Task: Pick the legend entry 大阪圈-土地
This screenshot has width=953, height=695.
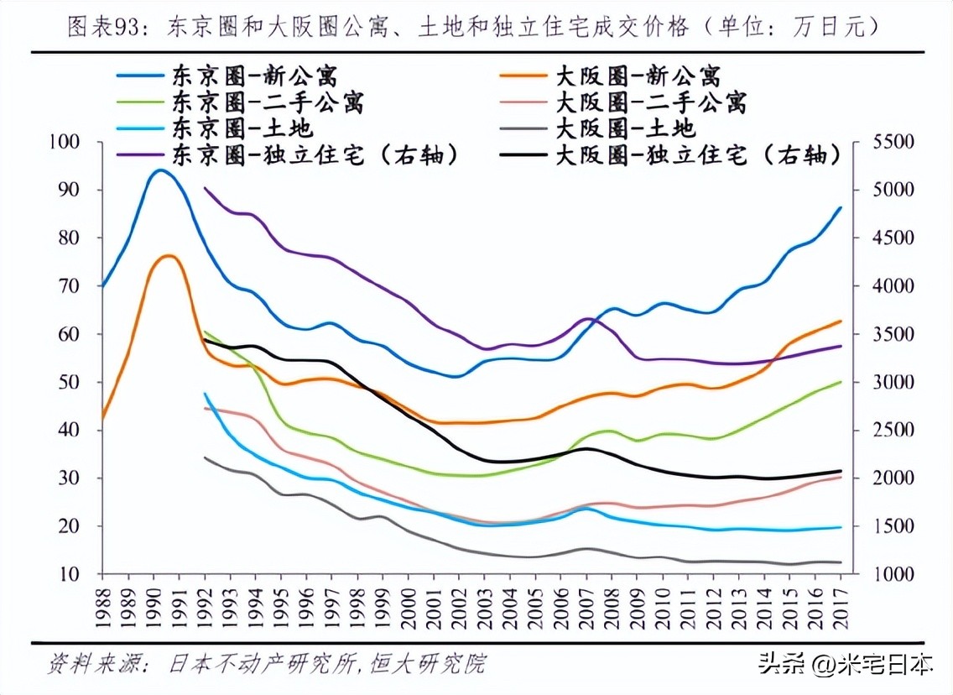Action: (x=625, y=128)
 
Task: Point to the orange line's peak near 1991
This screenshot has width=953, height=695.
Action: (x=169, y=256)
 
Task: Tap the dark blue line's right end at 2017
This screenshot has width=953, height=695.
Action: (x=841, y=208)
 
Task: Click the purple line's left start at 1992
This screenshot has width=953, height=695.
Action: (x=206, y=188)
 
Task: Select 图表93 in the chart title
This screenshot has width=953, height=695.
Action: (x=101, y=27)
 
